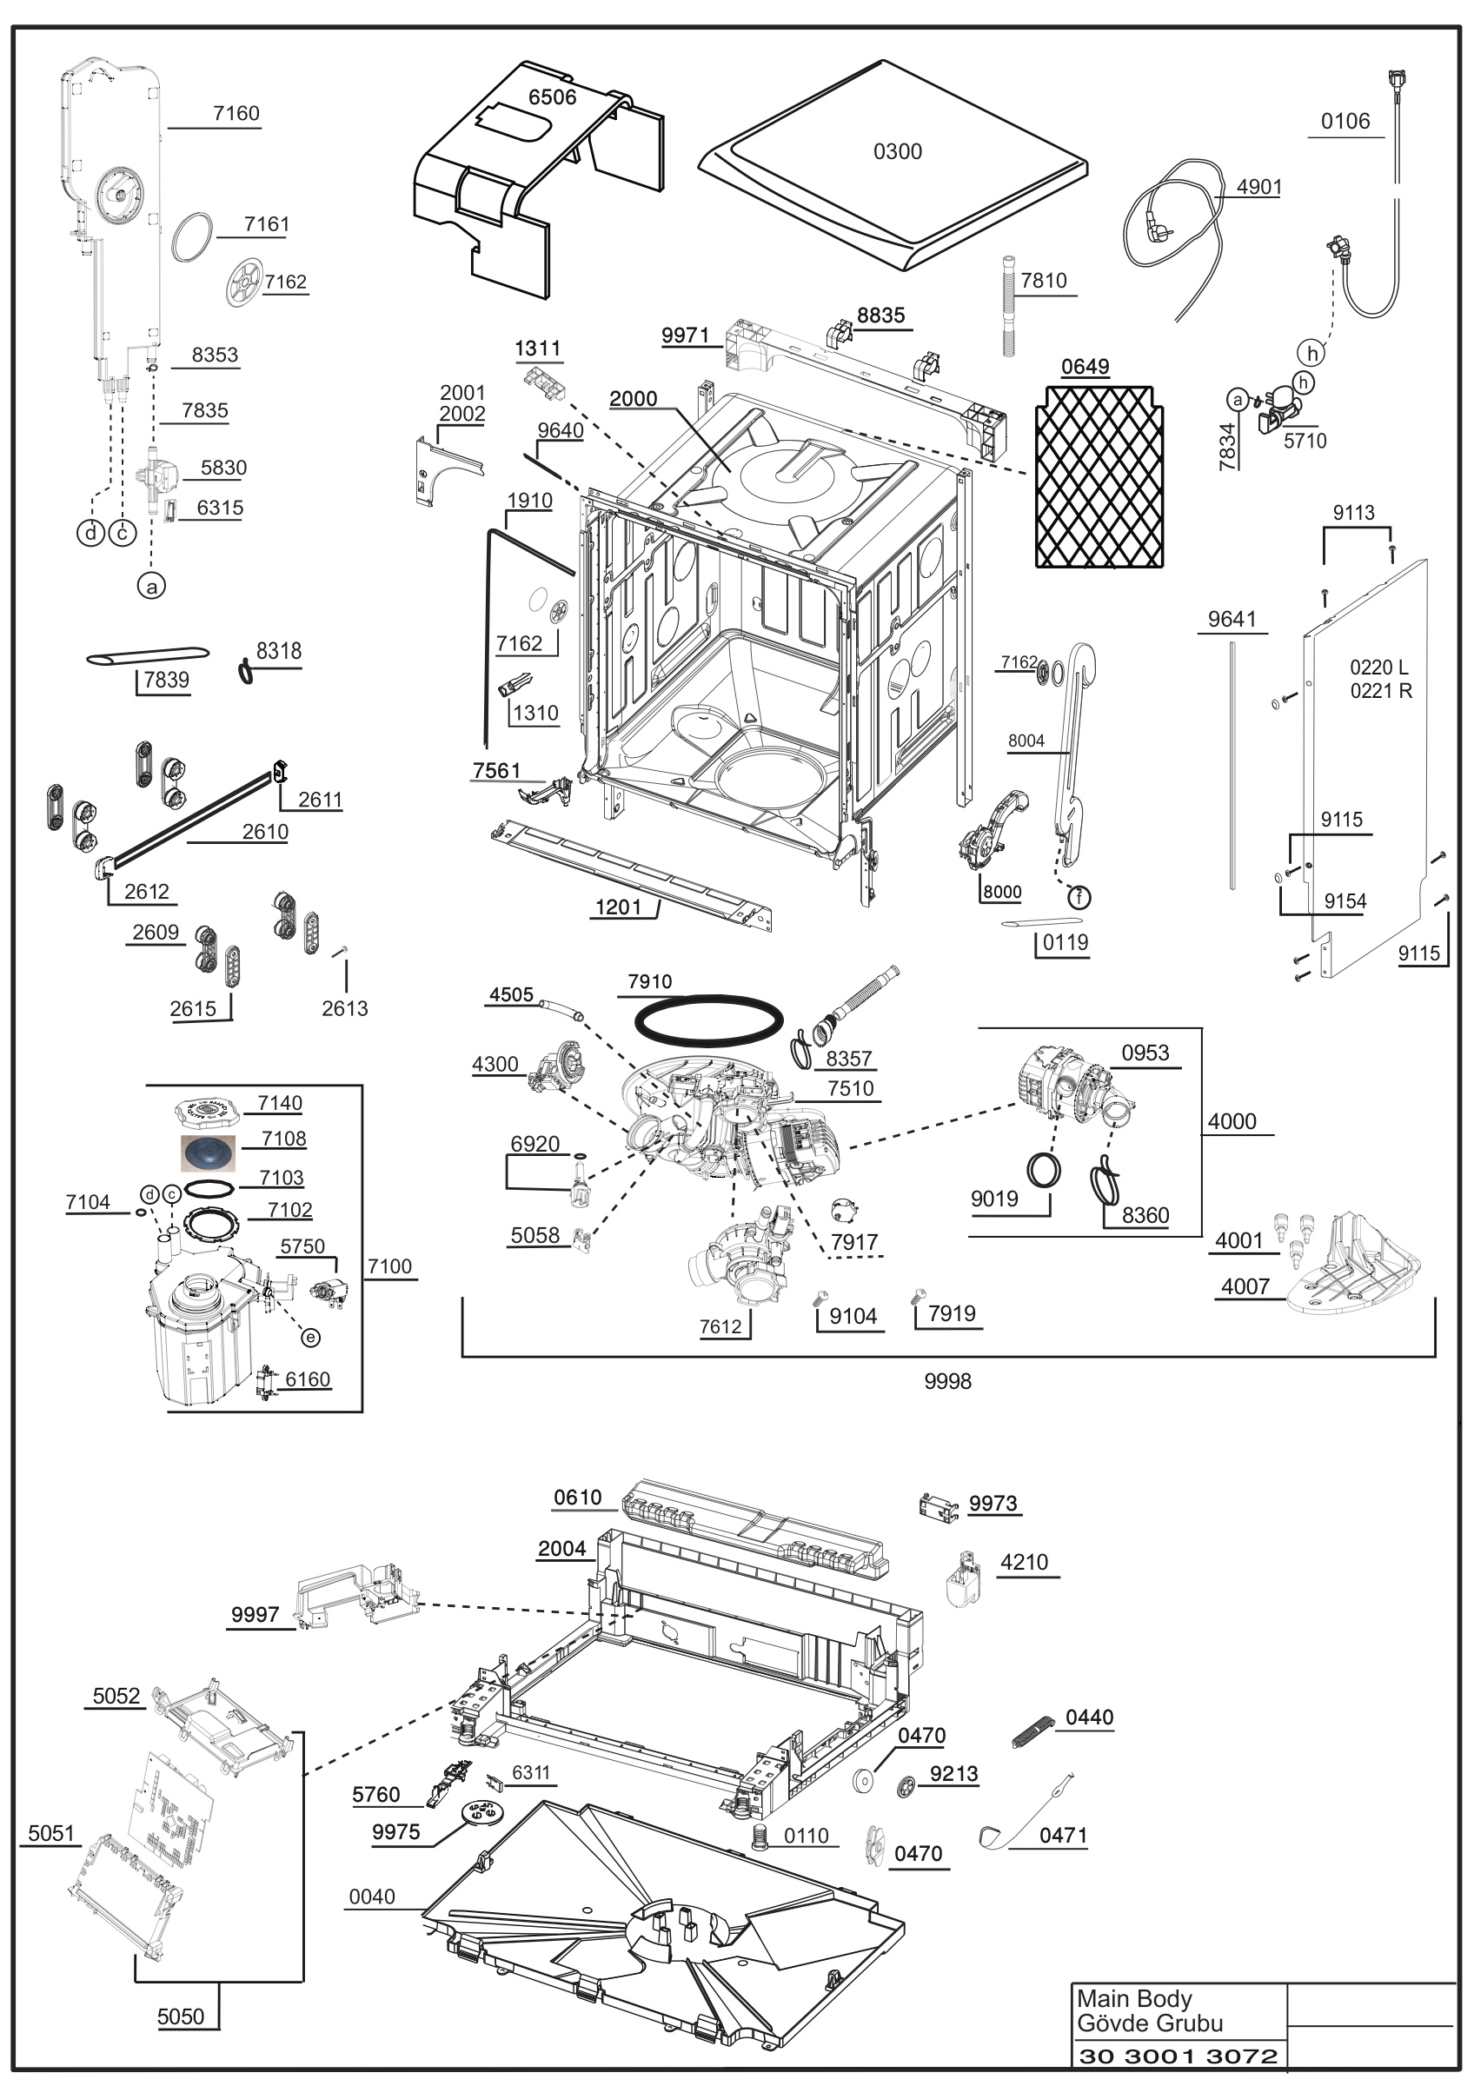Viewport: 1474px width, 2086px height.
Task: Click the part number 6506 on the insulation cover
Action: (552, 97)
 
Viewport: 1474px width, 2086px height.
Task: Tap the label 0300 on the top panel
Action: (897, 152)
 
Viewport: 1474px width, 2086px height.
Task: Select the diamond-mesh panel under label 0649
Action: (1099, 476)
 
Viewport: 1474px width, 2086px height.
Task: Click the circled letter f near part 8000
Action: (1079, 898)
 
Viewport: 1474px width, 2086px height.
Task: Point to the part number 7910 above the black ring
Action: (650, 981)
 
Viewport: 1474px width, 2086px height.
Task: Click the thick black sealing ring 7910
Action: (707, 1021)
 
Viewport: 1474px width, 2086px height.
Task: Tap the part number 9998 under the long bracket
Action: (947, 1381)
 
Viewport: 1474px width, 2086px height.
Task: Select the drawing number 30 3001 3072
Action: (1178, 2056)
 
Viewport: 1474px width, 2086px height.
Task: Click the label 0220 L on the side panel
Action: (1378, 667)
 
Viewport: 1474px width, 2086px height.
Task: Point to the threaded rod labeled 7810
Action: (1008, 306)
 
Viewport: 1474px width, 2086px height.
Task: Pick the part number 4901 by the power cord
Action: (1258, 187)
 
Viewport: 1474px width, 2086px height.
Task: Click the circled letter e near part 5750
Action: (310, 1338)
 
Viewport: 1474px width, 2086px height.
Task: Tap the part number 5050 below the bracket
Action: (181, 2017)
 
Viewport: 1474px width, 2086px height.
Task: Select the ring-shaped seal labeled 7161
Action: (193, 238)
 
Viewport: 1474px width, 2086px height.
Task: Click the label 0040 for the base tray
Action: (372, 1897)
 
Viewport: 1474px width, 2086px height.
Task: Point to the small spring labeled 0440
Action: (1032, 1731)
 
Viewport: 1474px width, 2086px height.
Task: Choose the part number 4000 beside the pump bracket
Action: (1232, 1122)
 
